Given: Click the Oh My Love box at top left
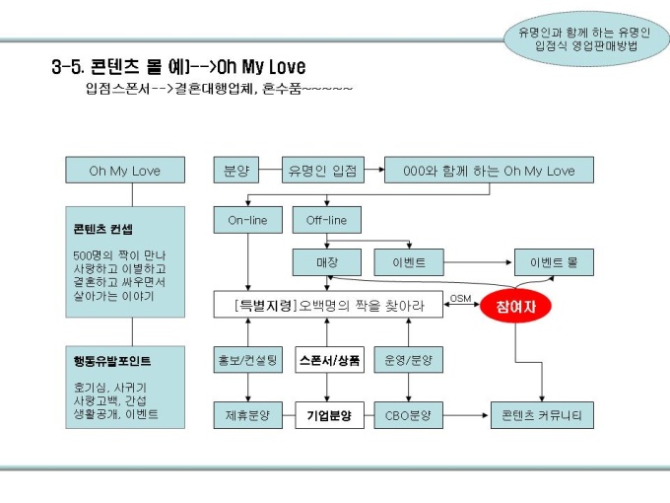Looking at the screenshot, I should coord(124,171).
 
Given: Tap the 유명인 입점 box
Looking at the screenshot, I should coord(322,171).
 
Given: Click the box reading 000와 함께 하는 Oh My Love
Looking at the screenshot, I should coord(489,171).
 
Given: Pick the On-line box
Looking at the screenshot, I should coord(247,220).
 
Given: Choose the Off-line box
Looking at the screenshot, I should coord(326,220).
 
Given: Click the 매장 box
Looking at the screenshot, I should coord(326,263).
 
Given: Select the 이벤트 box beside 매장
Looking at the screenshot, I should coord(408,263).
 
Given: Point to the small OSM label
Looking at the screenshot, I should coord(460,298).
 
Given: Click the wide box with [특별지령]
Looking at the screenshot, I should coord(328,305).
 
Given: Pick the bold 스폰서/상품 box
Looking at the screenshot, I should coord(329,360).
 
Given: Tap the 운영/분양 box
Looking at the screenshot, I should coord(408,360).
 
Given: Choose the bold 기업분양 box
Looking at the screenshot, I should coord(329,414).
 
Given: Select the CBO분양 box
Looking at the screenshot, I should coord(408,414).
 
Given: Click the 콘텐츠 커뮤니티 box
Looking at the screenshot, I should coord(542,414).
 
